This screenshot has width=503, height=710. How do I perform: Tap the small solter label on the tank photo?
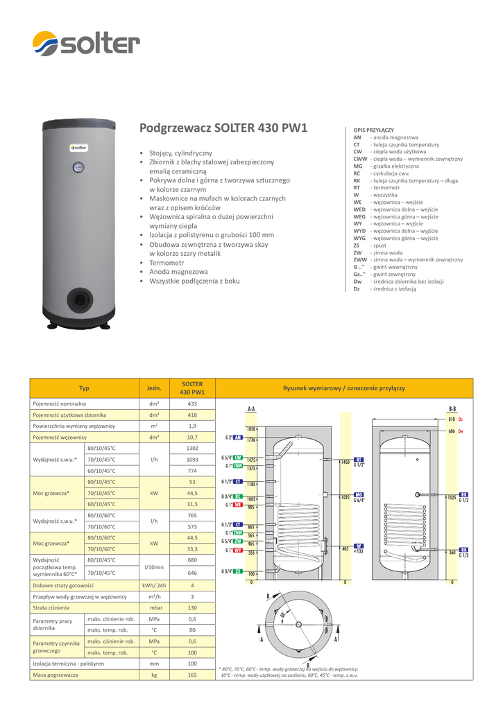[76, 148]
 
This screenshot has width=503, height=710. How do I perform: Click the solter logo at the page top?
[86, 46]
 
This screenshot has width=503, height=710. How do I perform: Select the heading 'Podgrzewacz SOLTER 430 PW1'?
[223, 128]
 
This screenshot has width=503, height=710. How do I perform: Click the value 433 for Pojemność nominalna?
[192, 403]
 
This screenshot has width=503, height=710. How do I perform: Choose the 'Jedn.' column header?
[154, 388]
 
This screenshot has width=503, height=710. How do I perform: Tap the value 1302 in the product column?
[192, 449]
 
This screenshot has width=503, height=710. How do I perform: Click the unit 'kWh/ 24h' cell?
[154, 585]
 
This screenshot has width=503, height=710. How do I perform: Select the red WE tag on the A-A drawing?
[237, 506]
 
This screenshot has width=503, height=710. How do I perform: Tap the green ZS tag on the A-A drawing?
[237, 571]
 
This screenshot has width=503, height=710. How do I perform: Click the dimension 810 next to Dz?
[452, 420]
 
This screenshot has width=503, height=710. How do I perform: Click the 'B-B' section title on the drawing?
[452, 409]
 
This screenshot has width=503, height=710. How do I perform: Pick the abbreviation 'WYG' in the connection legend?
[359, 238]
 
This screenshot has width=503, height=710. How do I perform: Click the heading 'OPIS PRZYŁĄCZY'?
[373, 130]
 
